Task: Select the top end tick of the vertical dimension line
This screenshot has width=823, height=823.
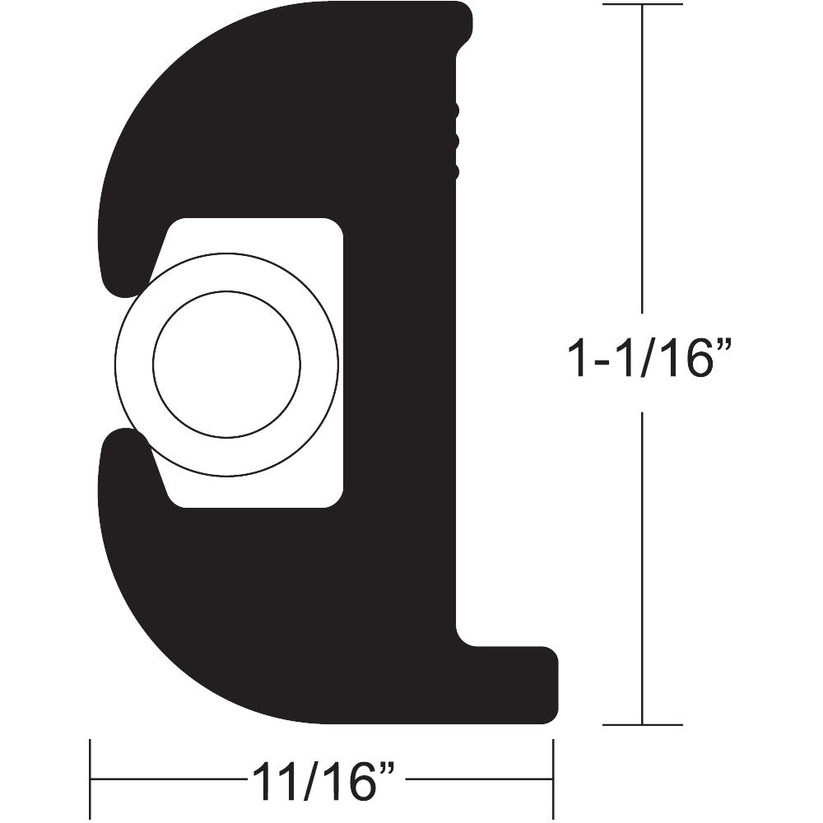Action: [642, 4]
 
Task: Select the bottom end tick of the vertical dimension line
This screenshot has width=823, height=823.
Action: [642, 725]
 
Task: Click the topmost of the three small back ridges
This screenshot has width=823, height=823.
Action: [455, 110]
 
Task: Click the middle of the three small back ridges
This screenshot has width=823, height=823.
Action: [455, 142]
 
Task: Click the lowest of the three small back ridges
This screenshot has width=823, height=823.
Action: [455, 172]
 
